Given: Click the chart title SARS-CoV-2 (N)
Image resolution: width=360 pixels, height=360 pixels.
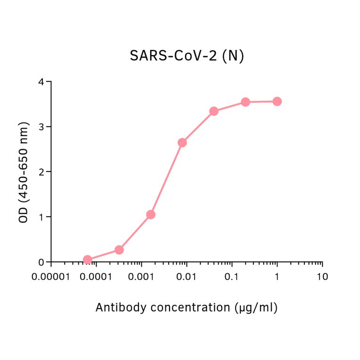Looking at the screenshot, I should click(x=187, y=56).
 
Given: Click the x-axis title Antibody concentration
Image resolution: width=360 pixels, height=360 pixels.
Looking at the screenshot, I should click(x=187, y=308).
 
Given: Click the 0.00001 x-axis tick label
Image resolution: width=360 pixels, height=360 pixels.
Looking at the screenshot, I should click(x=51, y=277).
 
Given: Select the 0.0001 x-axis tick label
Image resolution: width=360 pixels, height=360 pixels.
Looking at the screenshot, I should click(x=96, y=277).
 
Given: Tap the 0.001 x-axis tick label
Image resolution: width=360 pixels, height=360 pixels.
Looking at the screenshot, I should click(x=141, y=277).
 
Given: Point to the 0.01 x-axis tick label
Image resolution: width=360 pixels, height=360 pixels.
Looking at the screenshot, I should click(x=187, y=277).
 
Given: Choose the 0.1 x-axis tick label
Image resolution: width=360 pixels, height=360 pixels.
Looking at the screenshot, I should click(x=231, y=277).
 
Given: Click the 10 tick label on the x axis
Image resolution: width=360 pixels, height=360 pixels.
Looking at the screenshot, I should click(x=322, y=277).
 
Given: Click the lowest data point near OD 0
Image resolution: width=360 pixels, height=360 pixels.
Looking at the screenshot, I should click(x=87, y=260).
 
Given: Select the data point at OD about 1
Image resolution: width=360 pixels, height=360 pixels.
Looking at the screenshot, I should click(x=151, y=215).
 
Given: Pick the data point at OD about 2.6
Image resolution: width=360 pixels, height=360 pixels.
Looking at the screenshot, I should click(x=182, y=142).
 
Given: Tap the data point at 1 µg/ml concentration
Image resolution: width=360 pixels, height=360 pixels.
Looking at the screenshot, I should click(x=277, y=101).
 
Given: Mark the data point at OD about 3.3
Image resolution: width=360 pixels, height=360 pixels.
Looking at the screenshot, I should click(x=214, y=111).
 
